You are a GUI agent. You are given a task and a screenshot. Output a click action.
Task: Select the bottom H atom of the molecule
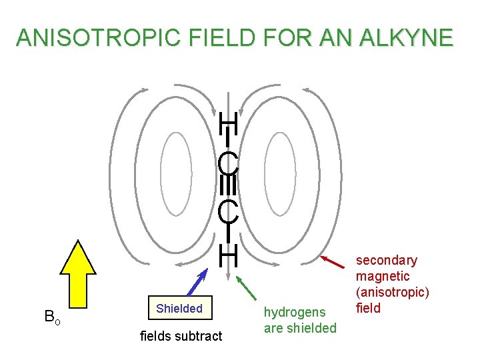tap(229, 254)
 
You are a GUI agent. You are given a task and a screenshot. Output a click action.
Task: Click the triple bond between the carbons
tap(228, 187)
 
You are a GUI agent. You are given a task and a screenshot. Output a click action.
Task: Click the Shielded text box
tap(179, 309)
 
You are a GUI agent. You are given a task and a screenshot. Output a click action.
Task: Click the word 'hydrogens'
tap(295, 312)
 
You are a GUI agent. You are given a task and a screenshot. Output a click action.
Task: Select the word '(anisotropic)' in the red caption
tap(393, 292)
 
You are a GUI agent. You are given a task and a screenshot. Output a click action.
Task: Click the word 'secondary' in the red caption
tap(386, 260)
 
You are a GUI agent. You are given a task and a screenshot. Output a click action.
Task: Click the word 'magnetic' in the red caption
tap(383, 276)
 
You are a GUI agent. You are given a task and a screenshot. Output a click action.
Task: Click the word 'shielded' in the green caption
tap(311, 328)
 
